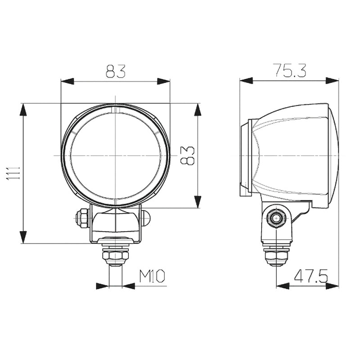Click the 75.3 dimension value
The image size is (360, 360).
tap(290, 71)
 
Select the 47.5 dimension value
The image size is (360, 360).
tap(311, 276)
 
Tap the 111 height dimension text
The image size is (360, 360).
tap(13, 173)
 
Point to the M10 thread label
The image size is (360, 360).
tap(152, 276)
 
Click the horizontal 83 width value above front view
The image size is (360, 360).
tap(116, 71)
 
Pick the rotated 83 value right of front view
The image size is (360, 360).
tap(187, 155)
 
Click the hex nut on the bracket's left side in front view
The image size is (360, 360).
tap(82, 218)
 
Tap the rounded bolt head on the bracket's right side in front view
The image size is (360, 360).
tap(145, 218)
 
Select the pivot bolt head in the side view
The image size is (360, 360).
tap(276, 218)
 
